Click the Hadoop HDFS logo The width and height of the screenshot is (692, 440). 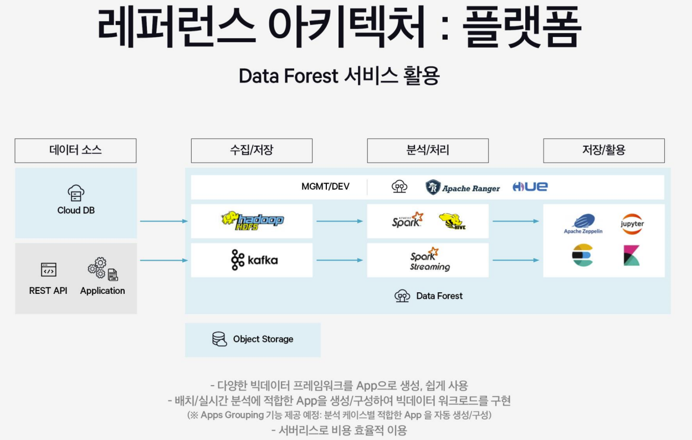[x=252, y=220]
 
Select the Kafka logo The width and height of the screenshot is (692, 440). [x=254, y=260]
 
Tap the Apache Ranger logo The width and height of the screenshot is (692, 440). [x=463, y=187]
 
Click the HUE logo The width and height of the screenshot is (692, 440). [x=530, y=187]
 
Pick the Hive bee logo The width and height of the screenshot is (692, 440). [x=451, y=221]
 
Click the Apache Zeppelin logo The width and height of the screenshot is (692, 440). [x=583, y=224]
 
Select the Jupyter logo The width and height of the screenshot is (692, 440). [x=632, y=224]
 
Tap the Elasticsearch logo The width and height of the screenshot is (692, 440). [x=582, y=255]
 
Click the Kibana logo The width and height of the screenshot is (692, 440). [x=632, y=255]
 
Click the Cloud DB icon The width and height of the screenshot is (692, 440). [x=76, y=193]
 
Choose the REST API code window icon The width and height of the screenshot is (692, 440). [x=48, y=270]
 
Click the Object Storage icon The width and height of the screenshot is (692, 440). [x=219, y=339]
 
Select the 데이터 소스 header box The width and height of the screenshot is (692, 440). [x=75, y=151]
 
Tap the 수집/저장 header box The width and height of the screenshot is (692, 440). [x=252, y=151]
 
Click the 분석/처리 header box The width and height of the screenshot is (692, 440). [x=428, y=151]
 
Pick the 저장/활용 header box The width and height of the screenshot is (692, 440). [x=604, y=151]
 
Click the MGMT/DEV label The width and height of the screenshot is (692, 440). [x=325, y=187]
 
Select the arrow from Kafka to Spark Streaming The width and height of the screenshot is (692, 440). [x=340, y=260]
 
